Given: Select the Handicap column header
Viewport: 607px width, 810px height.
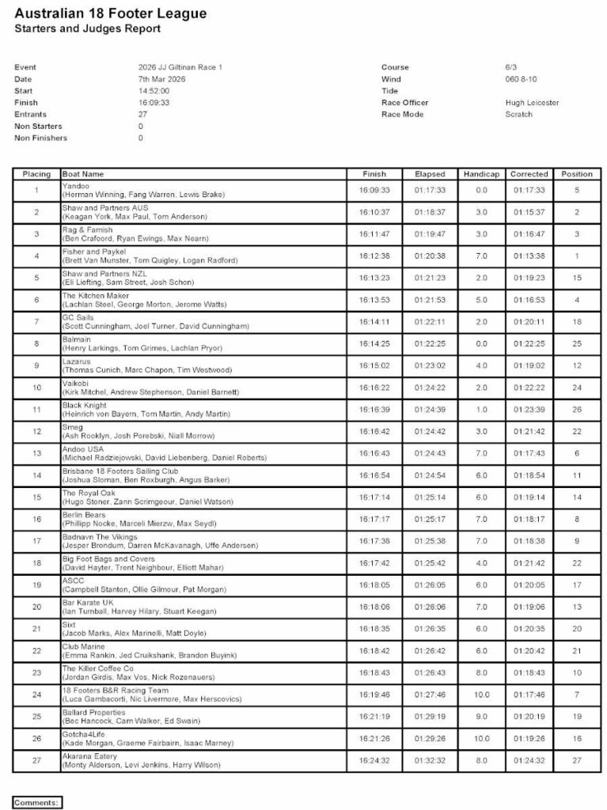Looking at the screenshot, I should click(481, 174).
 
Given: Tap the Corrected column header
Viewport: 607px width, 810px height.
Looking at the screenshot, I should click(529, 174).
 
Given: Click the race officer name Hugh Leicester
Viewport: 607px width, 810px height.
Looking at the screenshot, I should click(532, 103).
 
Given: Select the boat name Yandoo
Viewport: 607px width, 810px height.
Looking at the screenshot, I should click(76, 186).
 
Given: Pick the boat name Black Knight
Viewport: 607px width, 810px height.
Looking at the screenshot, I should click(84, 405).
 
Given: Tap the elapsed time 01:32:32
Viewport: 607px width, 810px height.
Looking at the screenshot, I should click(430, 761).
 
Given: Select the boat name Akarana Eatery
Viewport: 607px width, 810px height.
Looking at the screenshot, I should click(89, 756).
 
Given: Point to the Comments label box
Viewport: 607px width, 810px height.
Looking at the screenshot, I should click(36, 802).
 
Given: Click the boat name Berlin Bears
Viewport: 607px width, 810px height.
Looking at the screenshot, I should click(85, 515).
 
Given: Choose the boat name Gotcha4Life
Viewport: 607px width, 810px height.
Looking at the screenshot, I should click(84, 734).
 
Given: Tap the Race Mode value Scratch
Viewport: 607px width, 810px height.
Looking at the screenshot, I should click(519, 115).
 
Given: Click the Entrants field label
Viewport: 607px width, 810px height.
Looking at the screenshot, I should click(31, 115).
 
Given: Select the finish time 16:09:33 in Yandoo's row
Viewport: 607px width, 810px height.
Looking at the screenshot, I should click(374, 191).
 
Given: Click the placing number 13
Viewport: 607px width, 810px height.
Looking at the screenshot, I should click(36, 453).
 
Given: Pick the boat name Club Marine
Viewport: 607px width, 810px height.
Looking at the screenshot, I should click(83, 646).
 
